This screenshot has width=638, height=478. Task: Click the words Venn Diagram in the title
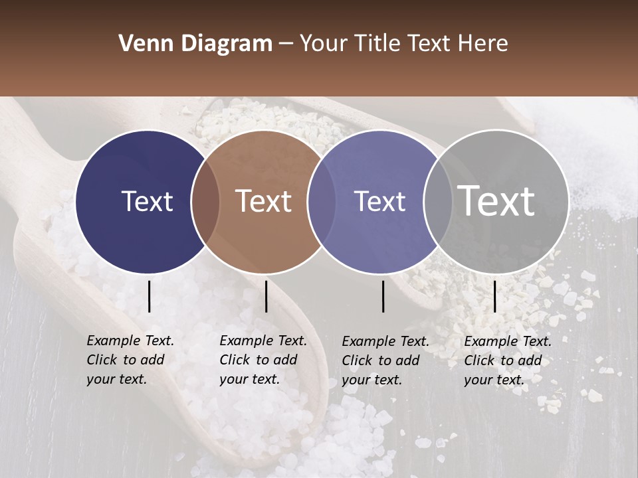pyautogui.click(x=195, y=44)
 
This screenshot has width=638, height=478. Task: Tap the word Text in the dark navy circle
pyautogui.click(x=147, y=201)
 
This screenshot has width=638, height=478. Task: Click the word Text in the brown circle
pyautogui.click(x=264, y=201)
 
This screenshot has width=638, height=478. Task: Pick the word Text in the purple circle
pyautogui.click(x=379, y=201)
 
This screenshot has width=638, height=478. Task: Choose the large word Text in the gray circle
pyautogui.click(x=496, y=201)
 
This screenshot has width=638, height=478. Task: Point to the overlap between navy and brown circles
pyautogui.click(x=205, y=201)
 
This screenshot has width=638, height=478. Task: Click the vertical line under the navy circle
pyautogui.click(x=150, y=296)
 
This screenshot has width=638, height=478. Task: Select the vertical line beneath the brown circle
pyautogui.click(x=266, y=296)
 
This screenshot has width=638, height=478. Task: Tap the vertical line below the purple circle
pyautogui.click(x=383, y=296)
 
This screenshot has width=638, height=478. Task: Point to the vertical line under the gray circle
pyautogui.click(x=495, y=296)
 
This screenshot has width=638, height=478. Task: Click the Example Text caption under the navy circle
pyautogui.click(x=130, y=360)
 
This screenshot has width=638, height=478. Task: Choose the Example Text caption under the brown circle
pyautogui.click(x=263, y=360)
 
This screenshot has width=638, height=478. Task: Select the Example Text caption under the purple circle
pyautogui.click(x=385, y=360)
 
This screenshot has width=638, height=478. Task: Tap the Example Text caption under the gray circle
pyautogui.click(x=507, y=360)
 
